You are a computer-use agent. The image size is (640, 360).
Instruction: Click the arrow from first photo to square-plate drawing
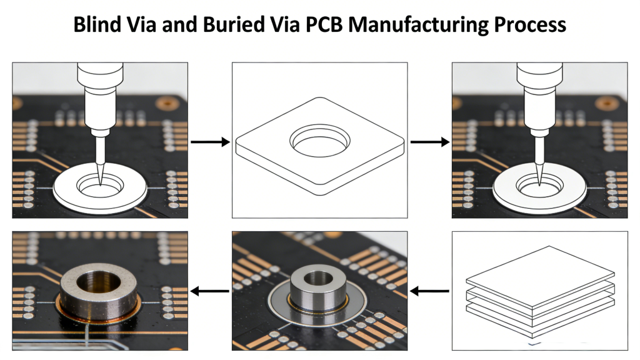point(210,142)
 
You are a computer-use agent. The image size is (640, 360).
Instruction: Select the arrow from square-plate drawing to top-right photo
point(429,142)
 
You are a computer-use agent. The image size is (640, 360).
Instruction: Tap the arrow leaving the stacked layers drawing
point(429,291)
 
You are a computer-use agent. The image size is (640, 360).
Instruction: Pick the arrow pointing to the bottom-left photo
point(210,291)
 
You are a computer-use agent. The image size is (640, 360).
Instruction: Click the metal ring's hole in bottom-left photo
point(99,282)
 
